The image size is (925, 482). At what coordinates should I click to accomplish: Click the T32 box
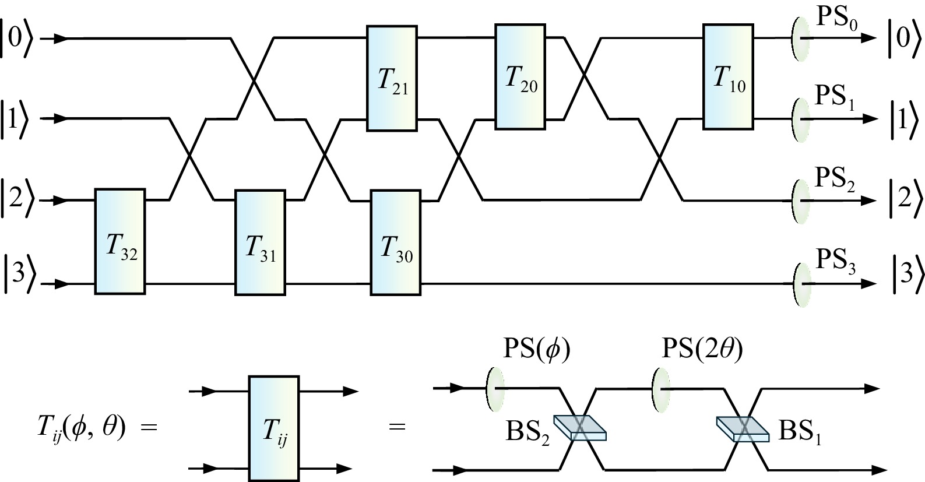(x=119, y=241)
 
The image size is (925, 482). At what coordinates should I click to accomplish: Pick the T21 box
(x=392, y=78)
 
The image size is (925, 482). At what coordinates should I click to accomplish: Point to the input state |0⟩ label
(x=17, y=38)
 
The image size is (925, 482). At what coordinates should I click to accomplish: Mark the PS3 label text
(x=835, y=261)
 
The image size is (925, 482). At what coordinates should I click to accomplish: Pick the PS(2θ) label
(x=702, y=350)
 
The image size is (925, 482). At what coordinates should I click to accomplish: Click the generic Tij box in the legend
(x=273, y=428)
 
